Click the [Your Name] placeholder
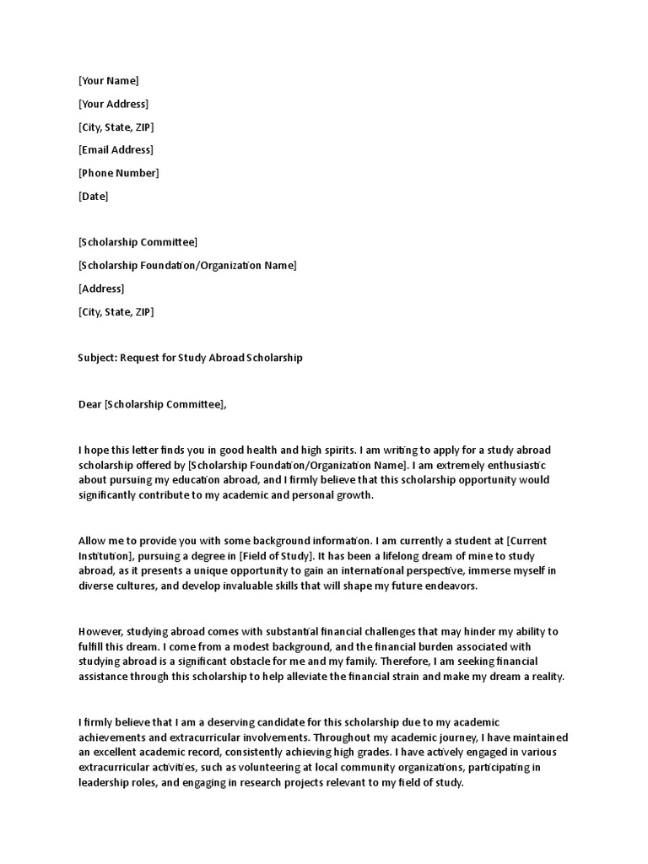pyautogui.click(x=108, y=81)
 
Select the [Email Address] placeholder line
pyautogui.click(x=116, y=150)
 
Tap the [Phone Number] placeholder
pyautogui.click(x=118, y=173)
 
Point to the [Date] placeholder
pyautogui.click(x=93, y=197)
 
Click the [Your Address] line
pyautogui.click(x=113, y=104)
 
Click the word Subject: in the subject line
pyautogui.click(x=97, y=358)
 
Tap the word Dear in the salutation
pyautogui.click(x=89, y=404)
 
